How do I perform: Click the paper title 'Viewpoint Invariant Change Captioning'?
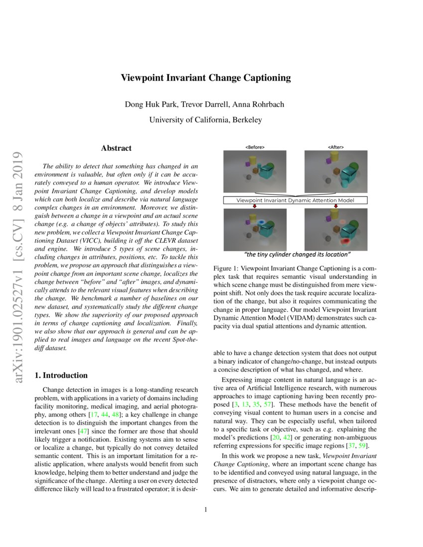point(206,78)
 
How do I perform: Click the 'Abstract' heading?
point(116,148)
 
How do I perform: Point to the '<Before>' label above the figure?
point(255,147)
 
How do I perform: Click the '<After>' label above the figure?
point(335,147)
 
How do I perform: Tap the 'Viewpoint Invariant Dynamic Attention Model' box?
point(296,200)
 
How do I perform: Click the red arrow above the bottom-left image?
point(255,206)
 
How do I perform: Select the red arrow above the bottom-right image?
point(336,206)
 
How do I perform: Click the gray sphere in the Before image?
point(248,177)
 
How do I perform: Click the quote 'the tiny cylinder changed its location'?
point(296,255)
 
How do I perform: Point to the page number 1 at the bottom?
point(206,510)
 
